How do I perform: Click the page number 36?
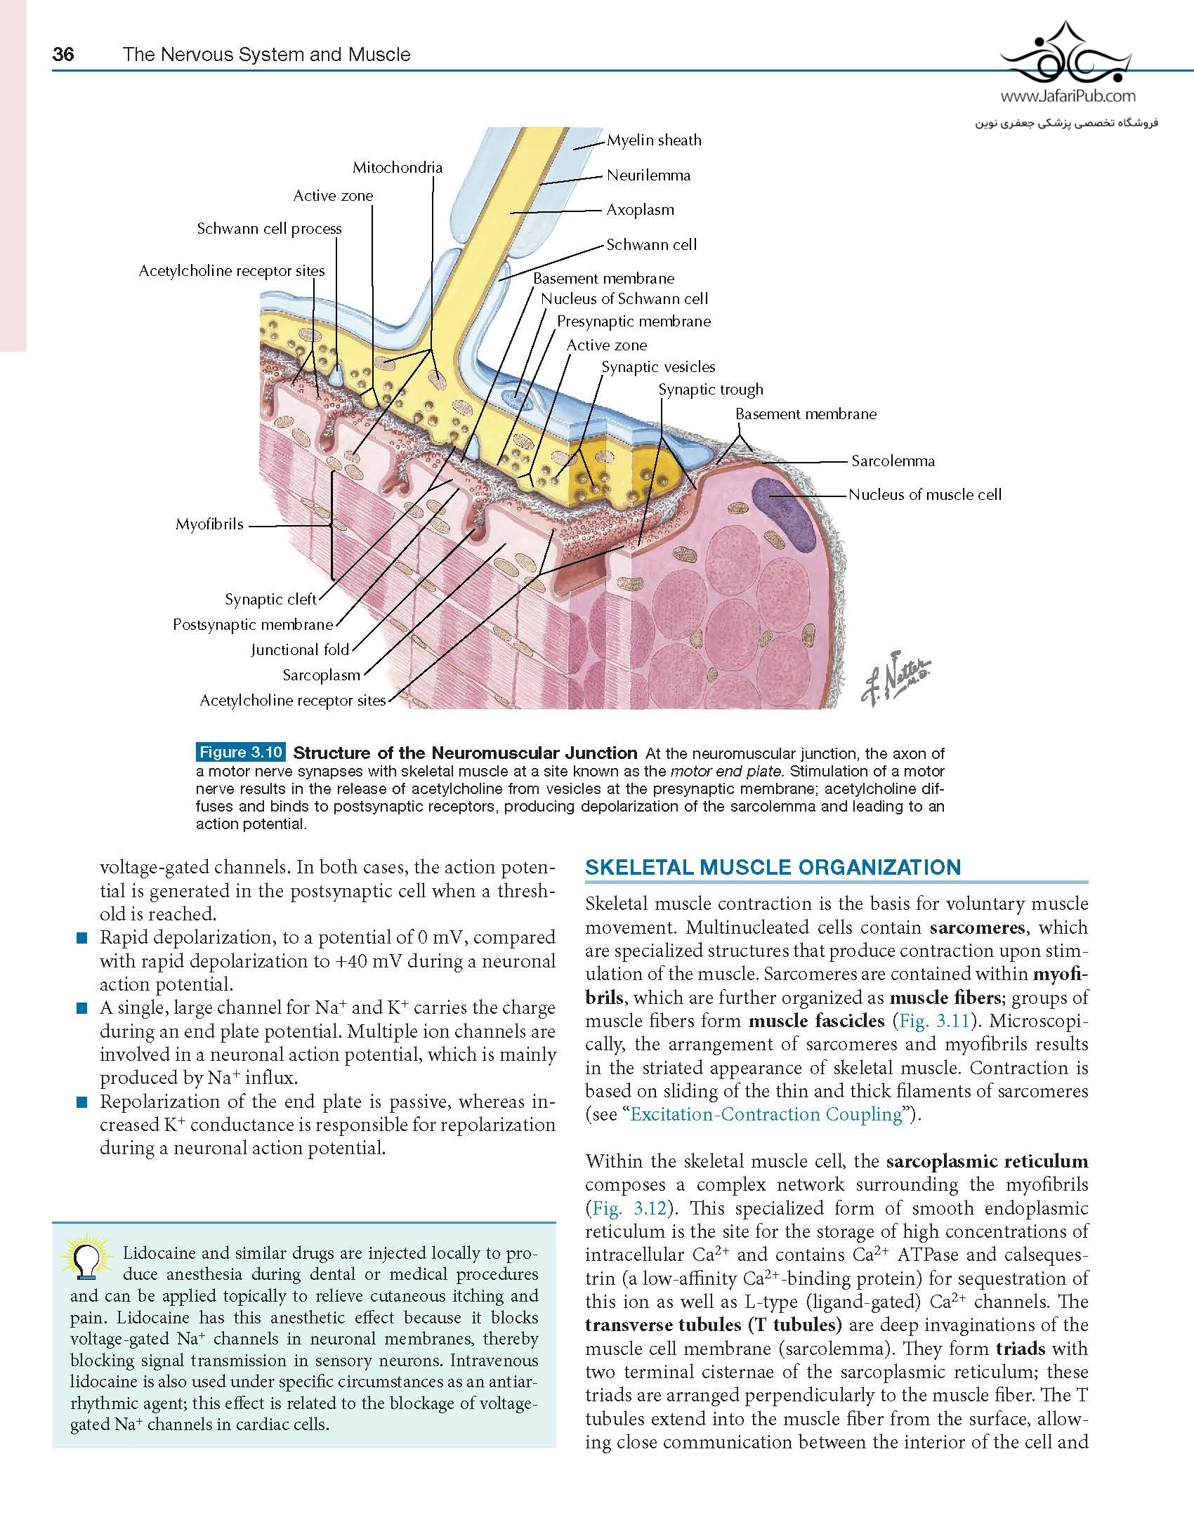(x=63, y=55)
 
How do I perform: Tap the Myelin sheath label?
(x=654, y=140)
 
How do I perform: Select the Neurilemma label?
(x=648, y=176)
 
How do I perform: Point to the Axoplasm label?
(x=640, y=210)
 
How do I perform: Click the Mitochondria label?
(x=398, y=168)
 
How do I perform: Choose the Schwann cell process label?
(x=269, y=229)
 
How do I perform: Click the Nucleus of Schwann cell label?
(x=624, y=299)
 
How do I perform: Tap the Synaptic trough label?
(x=710, y=390)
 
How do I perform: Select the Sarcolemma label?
(x=893, y=461)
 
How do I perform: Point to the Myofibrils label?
(x=209, y=524)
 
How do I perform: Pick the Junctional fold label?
(x=300, y=650)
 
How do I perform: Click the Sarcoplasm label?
(x=321, y=675)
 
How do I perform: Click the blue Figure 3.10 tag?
(x=240, y=753)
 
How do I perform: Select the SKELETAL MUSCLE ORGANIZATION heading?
(x=773, y=867)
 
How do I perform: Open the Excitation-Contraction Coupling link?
(x=766, y=1114)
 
